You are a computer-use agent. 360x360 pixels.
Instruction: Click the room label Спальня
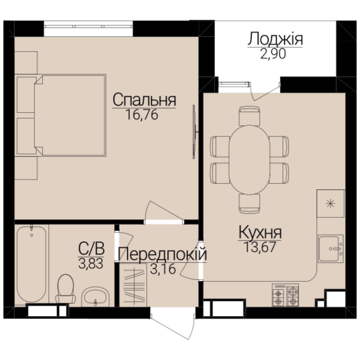tap(144, 100)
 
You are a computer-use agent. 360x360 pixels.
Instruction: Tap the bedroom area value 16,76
tap(142, 115)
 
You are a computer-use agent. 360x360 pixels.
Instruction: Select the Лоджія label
tap(275, 39)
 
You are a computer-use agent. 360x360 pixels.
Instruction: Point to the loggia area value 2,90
tap(273, 54)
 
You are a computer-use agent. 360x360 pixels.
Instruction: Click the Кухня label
tap(260, 232)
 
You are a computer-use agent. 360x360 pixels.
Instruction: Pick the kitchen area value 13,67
tap(260, 247)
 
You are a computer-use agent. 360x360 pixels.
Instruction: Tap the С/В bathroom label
tap(91, 248)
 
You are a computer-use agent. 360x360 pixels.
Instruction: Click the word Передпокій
tap(162, 254)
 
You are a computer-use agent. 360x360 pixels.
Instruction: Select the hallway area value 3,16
tap(163, 269)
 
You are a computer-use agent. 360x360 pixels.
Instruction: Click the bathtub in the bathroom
tap(31, 264)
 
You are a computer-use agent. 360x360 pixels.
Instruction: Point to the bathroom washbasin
tap(95, 296)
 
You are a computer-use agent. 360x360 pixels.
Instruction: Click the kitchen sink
tap(331, 249)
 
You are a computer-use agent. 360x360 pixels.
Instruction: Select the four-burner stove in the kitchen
tap(285, 295)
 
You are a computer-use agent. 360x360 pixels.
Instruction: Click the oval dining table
tap(249, 160)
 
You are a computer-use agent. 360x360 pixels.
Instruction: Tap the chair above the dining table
tap(249, 116)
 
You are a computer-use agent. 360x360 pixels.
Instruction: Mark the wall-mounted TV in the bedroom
tap(194, 132)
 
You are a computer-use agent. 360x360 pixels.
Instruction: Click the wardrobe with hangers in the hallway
tap(133, 285)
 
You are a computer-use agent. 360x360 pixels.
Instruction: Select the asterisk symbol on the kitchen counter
tap(330, 203)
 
